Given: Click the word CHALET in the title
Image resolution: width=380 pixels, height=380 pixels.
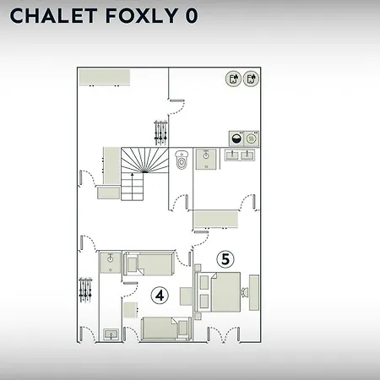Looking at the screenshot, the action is tap(53, 15).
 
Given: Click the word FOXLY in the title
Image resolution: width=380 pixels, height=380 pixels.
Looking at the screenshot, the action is tap(142, 15).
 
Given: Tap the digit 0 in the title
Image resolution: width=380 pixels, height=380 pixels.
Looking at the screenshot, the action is tap(192, 15).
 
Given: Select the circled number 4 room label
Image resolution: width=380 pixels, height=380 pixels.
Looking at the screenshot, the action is tap(160, 296).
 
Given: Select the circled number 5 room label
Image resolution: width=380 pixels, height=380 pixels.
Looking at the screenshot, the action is tap(225, 259).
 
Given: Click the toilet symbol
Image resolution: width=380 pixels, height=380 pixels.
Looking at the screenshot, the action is tap(182, 160).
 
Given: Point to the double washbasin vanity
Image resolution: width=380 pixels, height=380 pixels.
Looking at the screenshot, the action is tap(240, 155).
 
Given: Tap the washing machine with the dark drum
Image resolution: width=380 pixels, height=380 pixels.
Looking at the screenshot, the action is tap(236, 138).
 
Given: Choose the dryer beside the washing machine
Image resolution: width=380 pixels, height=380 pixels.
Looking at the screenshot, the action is tap(252, 138).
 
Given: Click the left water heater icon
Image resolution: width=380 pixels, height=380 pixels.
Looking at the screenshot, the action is tap(233, 79).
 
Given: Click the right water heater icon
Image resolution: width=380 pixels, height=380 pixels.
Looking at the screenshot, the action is tap(251, 79).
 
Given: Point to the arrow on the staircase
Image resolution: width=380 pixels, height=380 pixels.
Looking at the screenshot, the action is tap(133, 187).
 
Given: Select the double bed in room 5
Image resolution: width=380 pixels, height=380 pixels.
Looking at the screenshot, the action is tap(217, 291).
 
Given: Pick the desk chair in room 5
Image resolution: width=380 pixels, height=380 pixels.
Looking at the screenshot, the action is tap(244, 292).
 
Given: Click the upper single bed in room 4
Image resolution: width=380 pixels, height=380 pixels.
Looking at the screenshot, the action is tap(149, 263).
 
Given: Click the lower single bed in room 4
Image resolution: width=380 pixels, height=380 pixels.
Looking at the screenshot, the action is tap(166, 328).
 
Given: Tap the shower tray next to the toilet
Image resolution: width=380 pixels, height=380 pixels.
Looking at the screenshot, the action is tap(206, 160).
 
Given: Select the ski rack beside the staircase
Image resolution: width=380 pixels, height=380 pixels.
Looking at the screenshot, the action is tap(160, 133).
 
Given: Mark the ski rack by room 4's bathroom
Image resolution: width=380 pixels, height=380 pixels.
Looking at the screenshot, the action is tap(85, 290).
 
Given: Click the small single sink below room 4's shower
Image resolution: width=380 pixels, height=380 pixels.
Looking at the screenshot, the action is tap(111, 334).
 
